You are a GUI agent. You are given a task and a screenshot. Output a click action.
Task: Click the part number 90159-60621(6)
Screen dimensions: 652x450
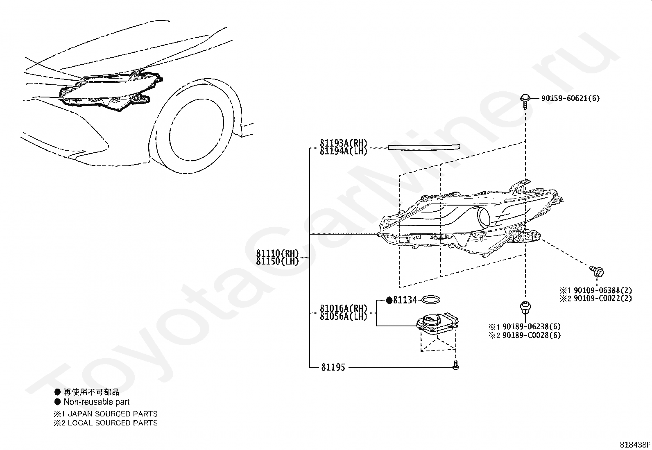[x=570, y=98]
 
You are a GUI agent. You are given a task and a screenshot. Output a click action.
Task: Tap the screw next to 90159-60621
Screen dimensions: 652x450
[x=525, y=101]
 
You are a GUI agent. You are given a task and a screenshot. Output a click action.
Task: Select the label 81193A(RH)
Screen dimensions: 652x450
[x=344, y=143]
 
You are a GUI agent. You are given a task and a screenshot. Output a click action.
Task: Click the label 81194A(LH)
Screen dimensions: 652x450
[x=344, y=151]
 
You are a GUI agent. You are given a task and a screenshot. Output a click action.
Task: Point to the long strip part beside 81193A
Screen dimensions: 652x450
[x=424, y=147]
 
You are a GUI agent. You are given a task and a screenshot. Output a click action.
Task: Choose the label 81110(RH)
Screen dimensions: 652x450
[x=278, y=253]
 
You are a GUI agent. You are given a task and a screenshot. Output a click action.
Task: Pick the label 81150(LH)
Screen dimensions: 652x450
[x=278, y=261]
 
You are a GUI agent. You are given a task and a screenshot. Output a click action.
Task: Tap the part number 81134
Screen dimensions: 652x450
[x=405, y=300]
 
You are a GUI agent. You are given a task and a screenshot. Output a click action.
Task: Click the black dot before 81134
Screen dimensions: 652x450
[x=389, y=301]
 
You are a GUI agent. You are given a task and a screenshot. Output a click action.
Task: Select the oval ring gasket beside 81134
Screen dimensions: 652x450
[x=431, y=299]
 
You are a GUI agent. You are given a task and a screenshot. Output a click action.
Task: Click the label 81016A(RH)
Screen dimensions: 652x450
[x=344, y=308]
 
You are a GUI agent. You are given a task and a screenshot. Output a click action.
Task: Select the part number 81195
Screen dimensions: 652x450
[x=333, y=367]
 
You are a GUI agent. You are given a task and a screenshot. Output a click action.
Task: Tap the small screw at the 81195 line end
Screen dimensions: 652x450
[x=455, y=365]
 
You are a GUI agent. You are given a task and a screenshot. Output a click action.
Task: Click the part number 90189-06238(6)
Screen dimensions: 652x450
[x=532, y=327]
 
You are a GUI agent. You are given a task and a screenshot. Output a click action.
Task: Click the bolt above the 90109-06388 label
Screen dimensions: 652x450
[x=597, y=271]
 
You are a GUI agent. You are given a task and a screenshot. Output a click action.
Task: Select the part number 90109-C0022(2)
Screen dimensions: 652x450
[x=603, y=298]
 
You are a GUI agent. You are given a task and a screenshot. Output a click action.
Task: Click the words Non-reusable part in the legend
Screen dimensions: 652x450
[x=97, y=402]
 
